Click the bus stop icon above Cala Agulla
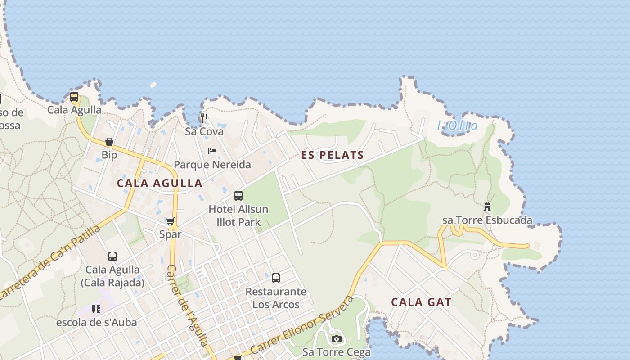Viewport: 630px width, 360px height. click(74, 97)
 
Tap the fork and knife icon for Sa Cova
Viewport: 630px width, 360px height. click(204, 118)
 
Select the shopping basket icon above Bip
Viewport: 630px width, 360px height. click(109, 142)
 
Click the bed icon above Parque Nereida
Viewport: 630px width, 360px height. click(212, 151)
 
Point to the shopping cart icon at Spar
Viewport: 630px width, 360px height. click(170, 221)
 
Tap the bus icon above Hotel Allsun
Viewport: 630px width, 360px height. click(238, 196)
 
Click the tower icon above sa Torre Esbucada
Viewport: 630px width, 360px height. click(487, 207)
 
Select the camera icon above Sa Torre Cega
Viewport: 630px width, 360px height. click(336, 339)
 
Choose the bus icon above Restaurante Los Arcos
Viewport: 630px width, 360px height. click(276, 278)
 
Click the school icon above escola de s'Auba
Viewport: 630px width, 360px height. click(96, 309)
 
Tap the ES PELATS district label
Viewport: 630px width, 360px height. click(333, 156)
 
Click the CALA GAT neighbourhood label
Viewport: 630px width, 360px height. click(421, 302)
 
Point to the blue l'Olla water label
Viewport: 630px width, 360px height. click(457, 126)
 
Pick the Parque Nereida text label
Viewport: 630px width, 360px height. click(212, 165)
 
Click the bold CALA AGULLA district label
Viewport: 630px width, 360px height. click(160, 183)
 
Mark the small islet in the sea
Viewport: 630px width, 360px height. click(153, 85)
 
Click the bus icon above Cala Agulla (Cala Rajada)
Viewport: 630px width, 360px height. click(112, 256)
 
